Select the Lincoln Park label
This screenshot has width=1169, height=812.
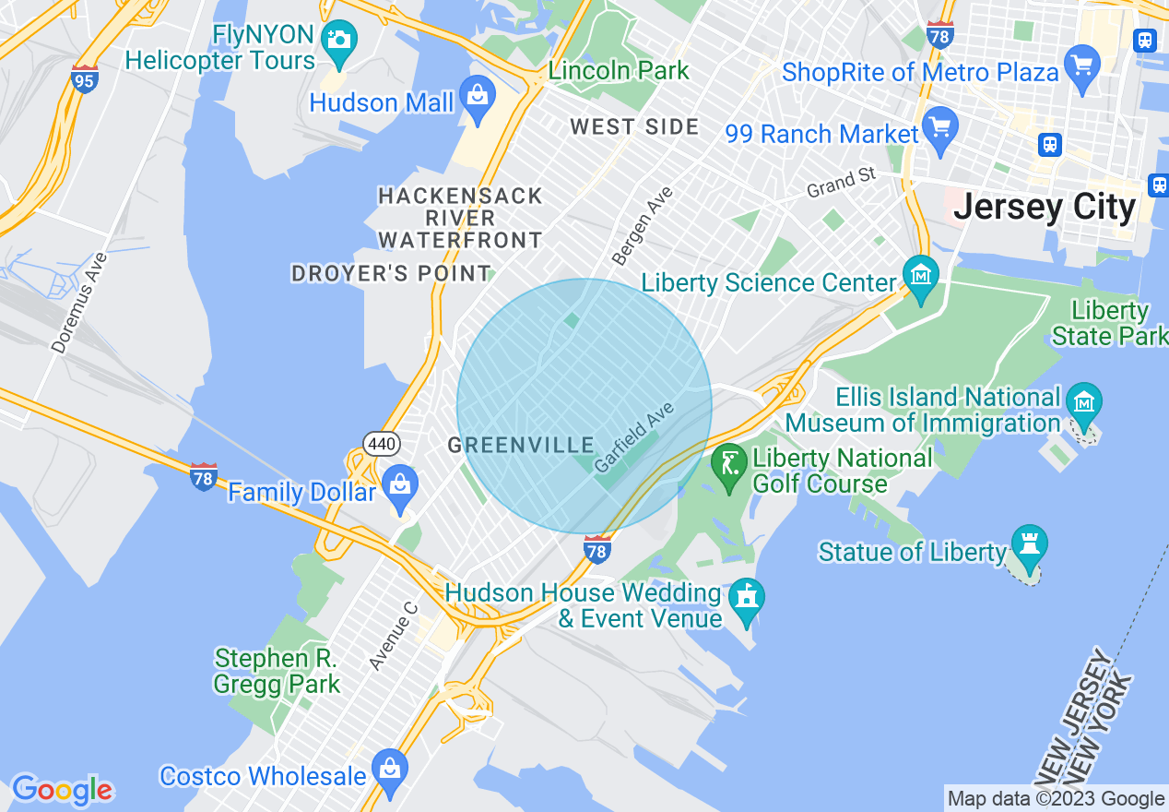tap(619, 70)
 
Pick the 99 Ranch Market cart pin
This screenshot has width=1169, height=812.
tap(939, 129)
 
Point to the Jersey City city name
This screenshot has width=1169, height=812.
tap(1045, 207)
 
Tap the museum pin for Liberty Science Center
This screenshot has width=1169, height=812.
tap(921, 278)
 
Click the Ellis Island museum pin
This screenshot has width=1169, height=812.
tap(1084, 404)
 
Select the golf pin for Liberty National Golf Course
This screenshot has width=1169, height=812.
tap(730, 464)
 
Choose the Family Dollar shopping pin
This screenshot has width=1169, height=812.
tap(400, 486)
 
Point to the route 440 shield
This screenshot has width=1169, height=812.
tap(382, 445)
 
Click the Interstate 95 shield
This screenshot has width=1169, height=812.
tap(85, 79)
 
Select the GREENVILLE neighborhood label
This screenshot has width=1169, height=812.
tap(521, 446)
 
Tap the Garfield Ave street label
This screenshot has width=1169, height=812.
tap(635, 437)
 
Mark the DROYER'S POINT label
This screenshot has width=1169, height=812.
tap(391, 274)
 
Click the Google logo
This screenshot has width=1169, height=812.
tap(62, 789)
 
